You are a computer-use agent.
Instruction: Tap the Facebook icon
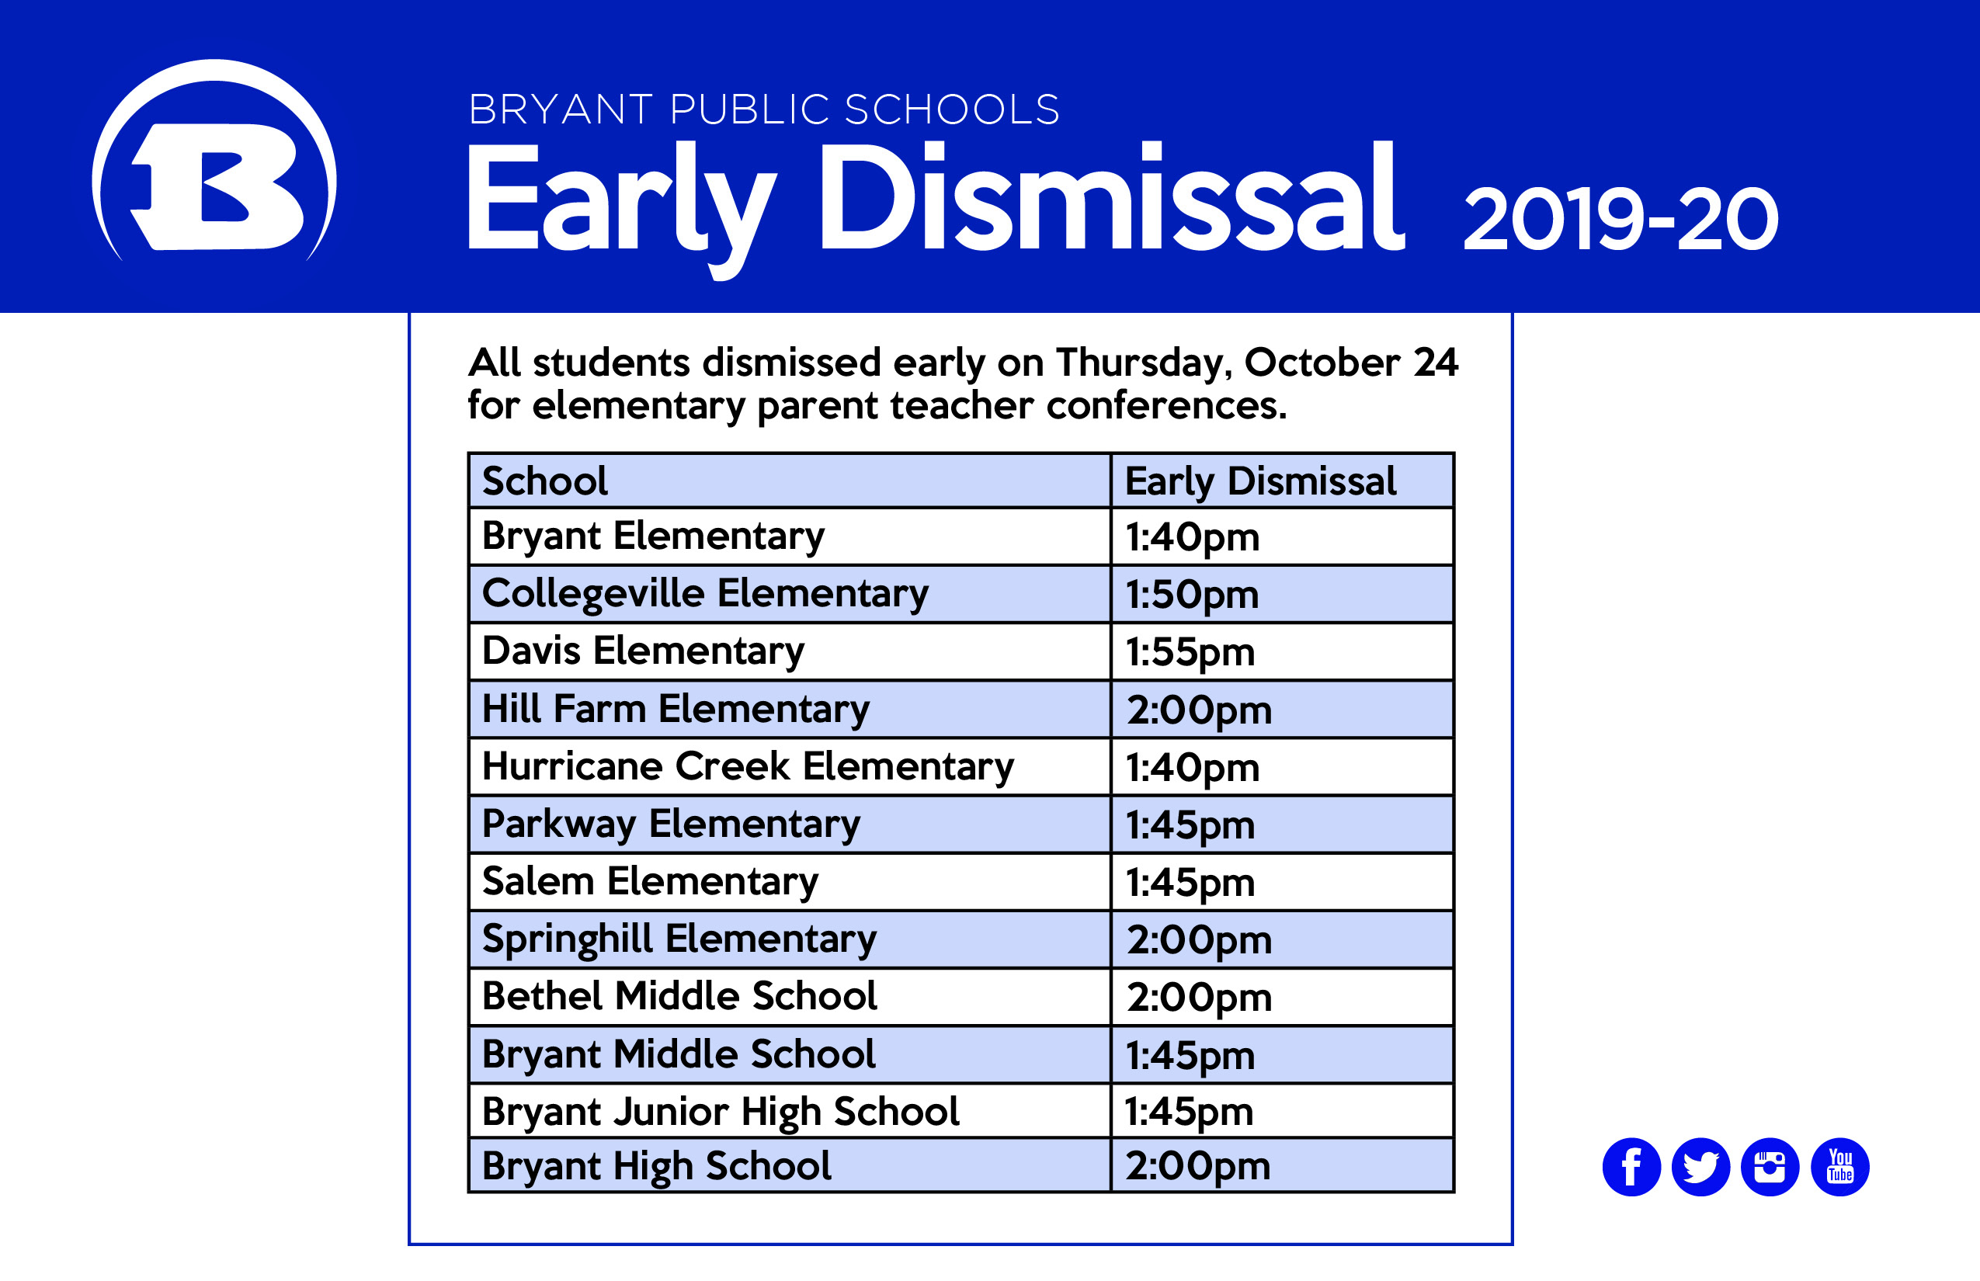1631,1167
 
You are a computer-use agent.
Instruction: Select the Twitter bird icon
1700,1167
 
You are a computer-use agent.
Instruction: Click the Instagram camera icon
1770,1167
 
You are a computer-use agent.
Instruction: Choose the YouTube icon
1840,1167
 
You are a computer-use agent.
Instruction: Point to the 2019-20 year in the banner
1620,219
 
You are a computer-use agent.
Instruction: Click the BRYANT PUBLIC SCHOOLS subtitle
764,109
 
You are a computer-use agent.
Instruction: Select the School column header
545,481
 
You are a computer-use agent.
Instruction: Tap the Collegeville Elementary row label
705,595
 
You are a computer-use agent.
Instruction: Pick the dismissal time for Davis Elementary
1190,653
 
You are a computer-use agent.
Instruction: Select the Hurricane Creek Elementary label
748,767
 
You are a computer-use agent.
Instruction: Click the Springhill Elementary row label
679,940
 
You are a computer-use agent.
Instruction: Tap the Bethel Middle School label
679,995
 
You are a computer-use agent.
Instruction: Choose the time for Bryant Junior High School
1189,1112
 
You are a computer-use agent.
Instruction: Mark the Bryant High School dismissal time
1198,1167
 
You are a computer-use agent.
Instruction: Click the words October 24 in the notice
1350,363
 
